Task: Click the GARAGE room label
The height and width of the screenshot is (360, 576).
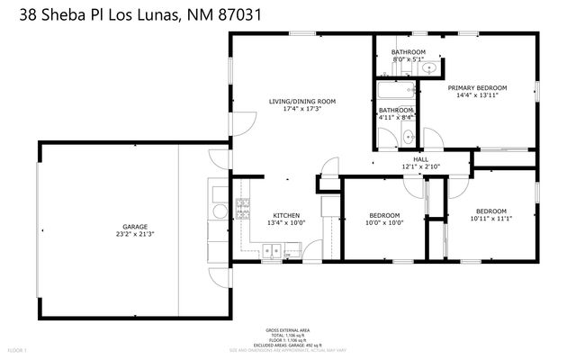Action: [135, 227]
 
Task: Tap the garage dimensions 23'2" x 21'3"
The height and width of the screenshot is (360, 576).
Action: [135, 235]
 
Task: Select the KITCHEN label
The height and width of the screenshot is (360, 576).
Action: [286, 214]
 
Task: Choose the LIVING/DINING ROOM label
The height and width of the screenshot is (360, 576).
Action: [302, 102]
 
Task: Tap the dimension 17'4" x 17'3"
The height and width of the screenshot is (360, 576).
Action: [302, 110]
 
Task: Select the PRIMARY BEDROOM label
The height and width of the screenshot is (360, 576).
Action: [477, 87]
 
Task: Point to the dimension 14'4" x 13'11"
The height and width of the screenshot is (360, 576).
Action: [477, 95]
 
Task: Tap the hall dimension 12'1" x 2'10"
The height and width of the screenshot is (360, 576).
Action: [419, 167]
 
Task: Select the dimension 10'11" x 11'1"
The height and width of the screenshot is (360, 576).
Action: [490, 219]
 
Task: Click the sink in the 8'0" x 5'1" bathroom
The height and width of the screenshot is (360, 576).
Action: [430, 68]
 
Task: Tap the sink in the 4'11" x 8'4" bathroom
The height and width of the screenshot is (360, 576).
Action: [408, 138]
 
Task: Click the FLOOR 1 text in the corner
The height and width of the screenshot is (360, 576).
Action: [17, 349]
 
